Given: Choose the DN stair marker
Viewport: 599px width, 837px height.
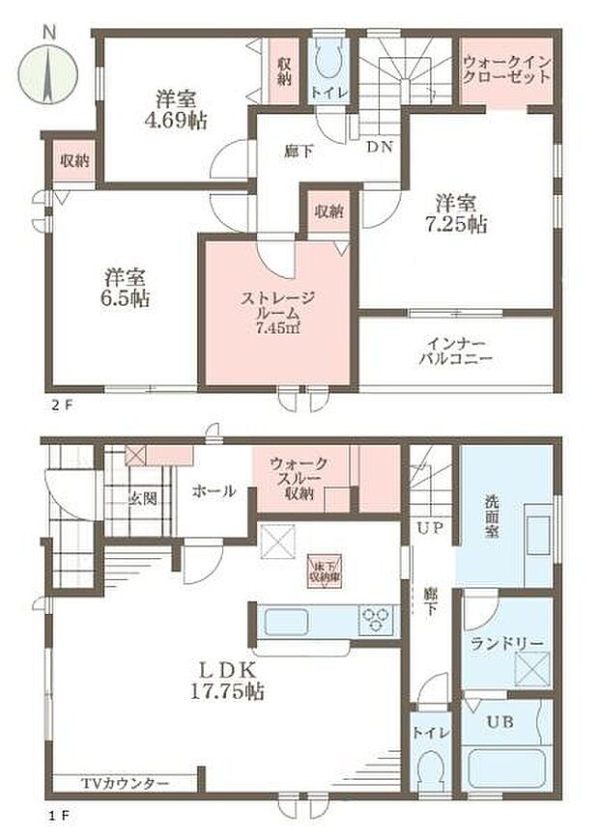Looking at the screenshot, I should (379, 148).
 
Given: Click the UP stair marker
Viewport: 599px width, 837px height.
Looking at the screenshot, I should (429, 529).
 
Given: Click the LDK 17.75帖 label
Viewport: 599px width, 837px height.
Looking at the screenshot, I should (224, 680).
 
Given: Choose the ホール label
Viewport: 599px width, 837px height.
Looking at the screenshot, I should (213, 491).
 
